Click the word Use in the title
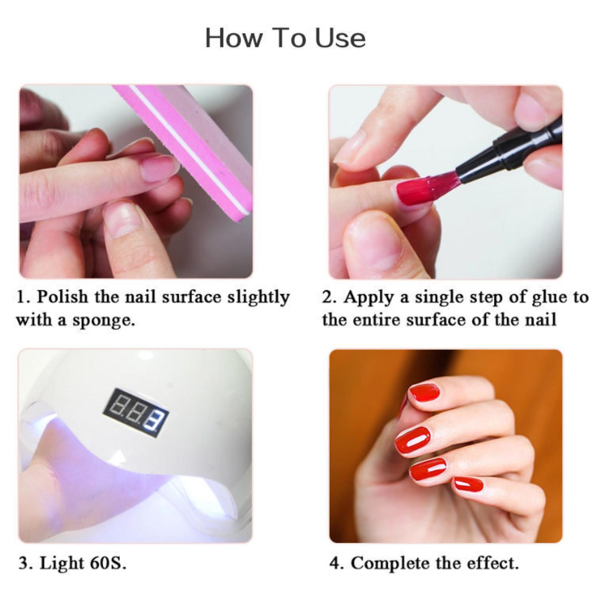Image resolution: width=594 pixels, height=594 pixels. (x=340, y=38)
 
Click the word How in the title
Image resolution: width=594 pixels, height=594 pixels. (x=234, y=38)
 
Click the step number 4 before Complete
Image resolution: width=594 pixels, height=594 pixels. (x=334, y=563)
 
